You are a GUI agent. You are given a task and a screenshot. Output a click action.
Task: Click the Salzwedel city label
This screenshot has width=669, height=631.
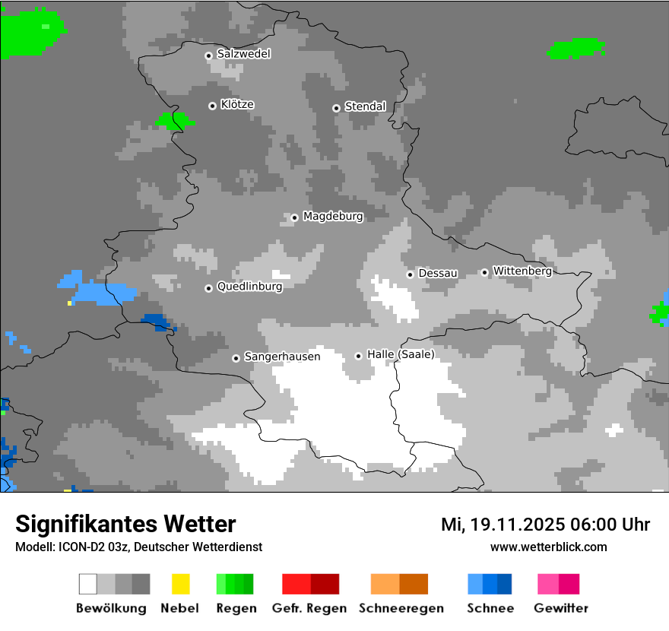tap(243, 54)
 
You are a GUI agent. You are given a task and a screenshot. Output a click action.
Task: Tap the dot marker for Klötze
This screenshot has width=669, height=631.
tap(212, 106)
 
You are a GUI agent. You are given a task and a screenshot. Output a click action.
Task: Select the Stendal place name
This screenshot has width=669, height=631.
tap(365, 106)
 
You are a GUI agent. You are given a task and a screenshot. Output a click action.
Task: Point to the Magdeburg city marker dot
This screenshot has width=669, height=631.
tap(294, 217)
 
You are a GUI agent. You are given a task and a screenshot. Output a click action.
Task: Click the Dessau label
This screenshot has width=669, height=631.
tap(438, 273)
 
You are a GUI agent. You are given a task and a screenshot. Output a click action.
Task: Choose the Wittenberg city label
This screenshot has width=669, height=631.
tap(522, 271)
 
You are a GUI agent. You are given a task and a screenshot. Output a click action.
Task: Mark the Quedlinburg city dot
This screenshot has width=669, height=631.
tap(208, 288)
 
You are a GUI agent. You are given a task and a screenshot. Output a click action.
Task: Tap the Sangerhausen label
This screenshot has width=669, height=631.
tap(282, 357)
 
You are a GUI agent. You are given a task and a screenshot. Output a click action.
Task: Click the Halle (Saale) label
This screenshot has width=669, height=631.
tap(401, 354)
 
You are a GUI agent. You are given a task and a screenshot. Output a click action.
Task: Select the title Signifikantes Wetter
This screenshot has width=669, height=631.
tap(125, 524)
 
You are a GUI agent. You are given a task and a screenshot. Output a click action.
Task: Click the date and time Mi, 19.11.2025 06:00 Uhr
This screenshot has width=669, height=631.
tap(545, 525)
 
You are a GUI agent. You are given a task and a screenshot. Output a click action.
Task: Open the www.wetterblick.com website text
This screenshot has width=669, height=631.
tap(548, 547)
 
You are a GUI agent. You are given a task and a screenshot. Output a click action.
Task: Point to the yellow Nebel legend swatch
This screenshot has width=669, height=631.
tap(180, 584)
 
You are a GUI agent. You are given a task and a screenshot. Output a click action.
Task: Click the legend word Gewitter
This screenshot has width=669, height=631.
tap(561, 608)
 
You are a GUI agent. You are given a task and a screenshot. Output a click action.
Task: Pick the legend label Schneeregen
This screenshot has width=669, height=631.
tap(401, 608)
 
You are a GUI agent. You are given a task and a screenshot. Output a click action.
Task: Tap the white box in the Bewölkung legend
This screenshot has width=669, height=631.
tap(88, 584)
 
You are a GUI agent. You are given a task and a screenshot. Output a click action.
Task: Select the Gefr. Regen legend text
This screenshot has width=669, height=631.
tap(309, 608)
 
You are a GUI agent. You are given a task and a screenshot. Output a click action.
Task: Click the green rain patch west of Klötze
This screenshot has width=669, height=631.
tap(174, 120)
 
